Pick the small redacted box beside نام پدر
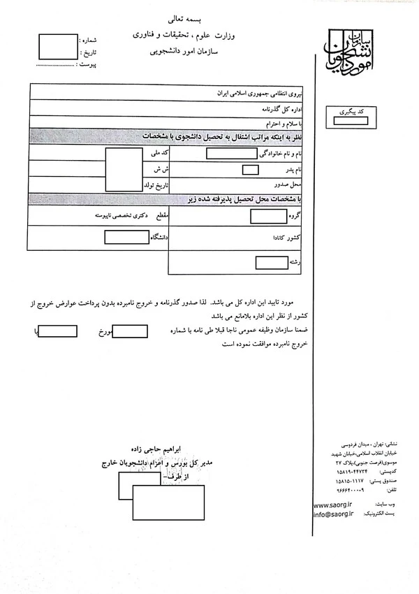(x=250, y=169)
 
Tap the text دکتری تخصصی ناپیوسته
(x=124, y=217)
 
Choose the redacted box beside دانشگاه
(x=122, y=238)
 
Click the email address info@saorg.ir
(x=334, y=514)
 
